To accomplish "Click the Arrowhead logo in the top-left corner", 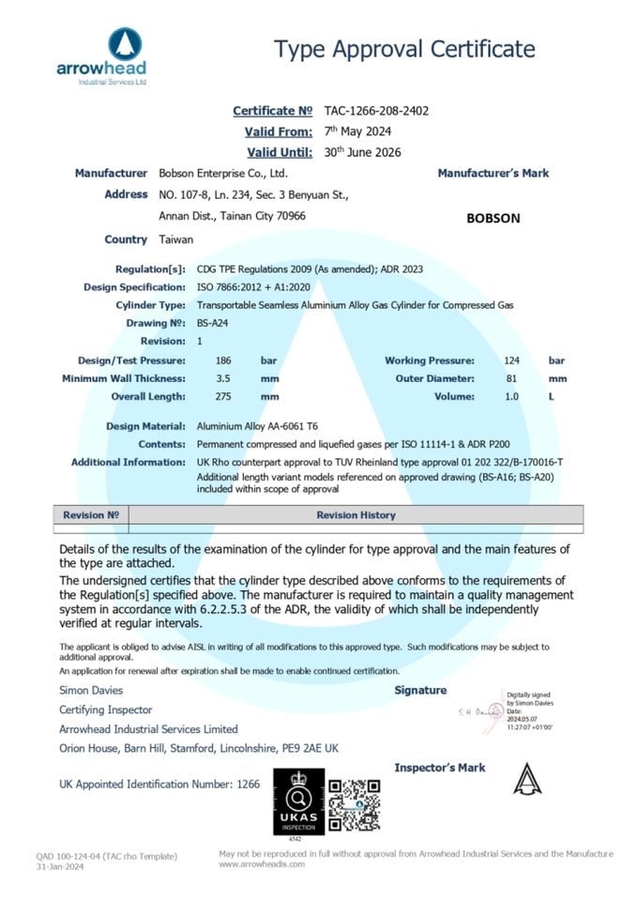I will click(x=101, y=55).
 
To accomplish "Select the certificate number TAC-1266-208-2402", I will click(x=376, y=111).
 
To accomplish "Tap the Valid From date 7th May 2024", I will click(x=357, y=131).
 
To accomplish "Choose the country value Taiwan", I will click(x=176, y=239).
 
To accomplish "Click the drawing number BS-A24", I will click(x=213, y=323).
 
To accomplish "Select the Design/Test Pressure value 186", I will click(x=223, y=360).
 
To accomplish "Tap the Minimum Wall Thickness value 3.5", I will click(x=222, y=378).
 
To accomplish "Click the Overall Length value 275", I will click(x=223, y=396).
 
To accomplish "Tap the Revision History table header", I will click(x=356, y=515).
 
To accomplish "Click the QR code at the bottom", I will click(x=354, y=804).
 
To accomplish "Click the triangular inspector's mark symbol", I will click(x=527, y=779).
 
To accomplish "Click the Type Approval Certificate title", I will click(x=404, y=49).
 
